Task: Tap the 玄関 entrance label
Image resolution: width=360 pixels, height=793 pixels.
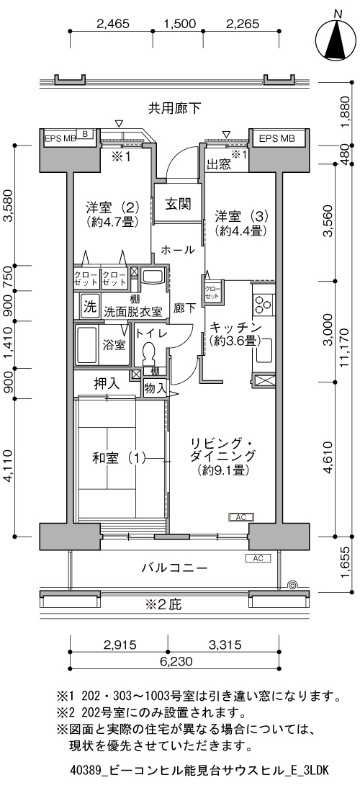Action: [x=179, y=204]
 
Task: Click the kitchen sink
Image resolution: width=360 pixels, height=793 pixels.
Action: [x=264, y=350]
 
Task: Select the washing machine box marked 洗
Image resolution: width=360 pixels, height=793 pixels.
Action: [x=89, y=307]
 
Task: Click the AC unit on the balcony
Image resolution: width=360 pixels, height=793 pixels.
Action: [x=258, y=558]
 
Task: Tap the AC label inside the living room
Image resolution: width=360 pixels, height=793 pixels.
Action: [x=240, y=517]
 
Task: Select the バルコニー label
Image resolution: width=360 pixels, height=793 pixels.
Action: [x=174, y=568]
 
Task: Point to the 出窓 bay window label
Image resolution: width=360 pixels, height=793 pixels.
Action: [x=218, y=164]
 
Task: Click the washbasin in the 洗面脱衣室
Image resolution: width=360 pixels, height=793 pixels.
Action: [x=152, y=277]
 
